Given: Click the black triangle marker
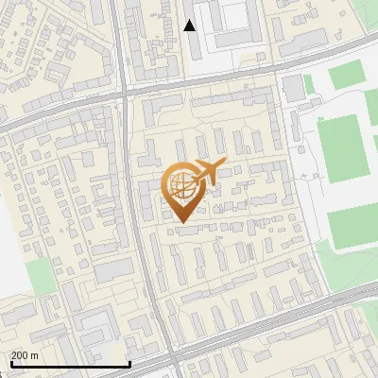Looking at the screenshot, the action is tap(190, 26).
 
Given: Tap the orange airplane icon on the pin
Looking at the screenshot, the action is tap(210, 170).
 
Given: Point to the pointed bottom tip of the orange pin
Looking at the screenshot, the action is tap(180, 223).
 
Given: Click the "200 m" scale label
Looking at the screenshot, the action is tap(25, 354).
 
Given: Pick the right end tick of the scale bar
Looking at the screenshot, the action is tap(129, 361).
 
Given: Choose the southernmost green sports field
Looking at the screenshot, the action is tap(352, 223).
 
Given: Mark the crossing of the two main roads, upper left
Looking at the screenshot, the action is tap(124, 93).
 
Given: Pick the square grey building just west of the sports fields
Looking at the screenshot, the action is tap(293, 86).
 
